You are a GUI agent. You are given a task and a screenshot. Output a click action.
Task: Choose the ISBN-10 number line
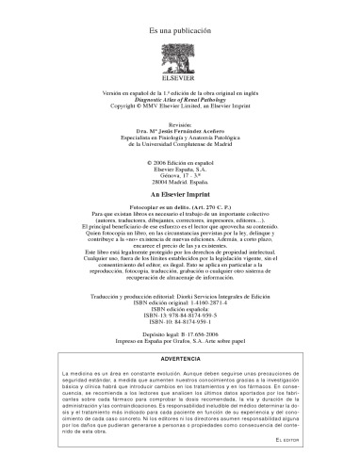180,349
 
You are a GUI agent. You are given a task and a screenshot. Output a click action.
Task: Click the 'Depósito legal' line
180,361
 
